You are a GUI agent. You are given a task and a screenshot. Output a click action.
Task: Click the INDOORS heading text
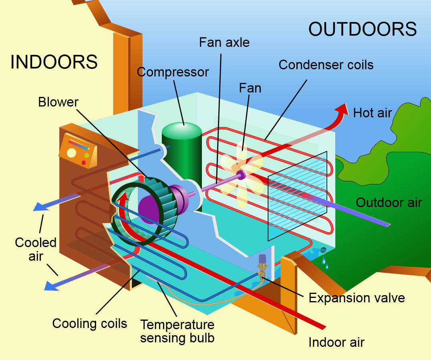[x=54, y=62]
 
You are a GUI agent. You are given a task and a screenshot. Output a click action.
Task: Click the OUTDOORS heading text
[x=363, y=29]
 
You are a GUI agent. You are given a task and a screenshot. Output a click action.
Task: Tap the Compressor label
[x=173, y=72]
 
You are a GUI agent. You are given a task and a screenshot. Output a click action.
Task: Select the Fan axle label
[x=224, y=42]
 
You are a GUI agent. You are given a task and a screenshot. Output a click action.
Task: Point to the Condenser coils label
[x=326, y=64]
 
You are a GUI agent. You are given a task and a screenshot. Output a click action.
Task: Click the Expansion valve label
[x=356, y=298]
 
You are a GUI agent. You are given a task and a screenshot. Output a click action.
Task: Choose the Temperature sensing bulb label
[x=177, y=331]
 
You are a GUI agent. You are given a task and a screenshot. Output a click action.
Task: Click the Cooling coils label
[x=89, y=323]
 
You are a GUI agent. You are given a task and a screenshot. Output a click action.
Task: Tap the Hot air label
[x=372, y=113]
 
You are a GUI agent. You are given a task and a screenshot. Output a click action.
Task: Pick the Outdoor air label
[x=389, y=202]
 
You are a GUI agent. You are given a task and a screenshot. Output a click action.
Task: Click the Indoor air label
[x=336, y=342]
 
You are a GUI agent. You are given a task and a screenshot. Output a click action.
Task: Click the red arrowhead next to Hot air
[x=341, y=109]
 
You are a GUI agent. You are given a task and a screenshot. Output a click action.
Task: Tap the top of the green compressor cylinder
[x=181, y=130]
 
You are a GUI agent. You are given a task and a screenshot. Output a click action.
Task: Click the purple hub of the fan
[x=241, y=174]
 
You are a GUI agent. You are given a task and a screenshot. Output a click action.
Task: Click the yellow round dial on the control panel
[x=72, y=153]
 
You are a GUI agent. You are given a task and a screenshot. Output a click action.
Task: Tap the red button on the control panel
[x=84, y=163]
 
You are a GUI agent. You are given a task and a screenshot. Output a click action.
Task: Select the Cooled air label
[x=36, y=249]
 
